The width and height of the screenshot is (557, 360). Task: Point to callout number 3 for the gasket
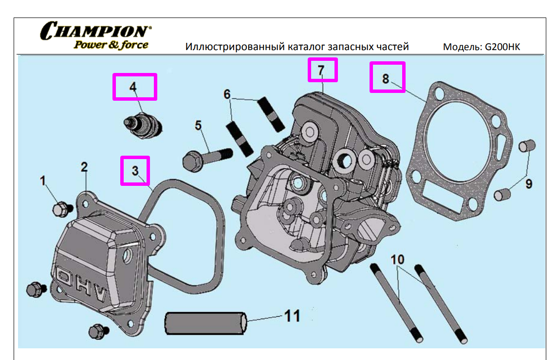click(x=135, y=170)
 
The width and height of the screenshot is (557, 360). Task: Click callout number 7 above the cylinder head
click(x=321, y=70)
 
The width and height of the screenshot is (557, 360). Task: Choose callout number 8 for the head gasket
click(x=386, y=78)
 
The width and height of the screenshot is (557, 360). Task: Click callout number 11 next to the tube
click(x=292, y=316)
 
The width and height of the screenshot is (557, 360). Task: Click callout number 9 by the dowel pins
click(x=528, y=184)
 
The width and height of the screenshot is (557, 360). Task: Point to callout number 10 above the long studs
click(x=397, y=259)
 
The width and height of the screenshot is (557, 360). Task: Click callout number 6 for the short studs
click(x=227, y=94)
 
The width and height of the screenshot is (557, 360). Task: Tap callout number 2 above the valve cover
click(x=84, y=167)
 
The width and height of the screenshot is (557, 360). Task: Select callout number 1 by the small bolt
click(x=43, y=181)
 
